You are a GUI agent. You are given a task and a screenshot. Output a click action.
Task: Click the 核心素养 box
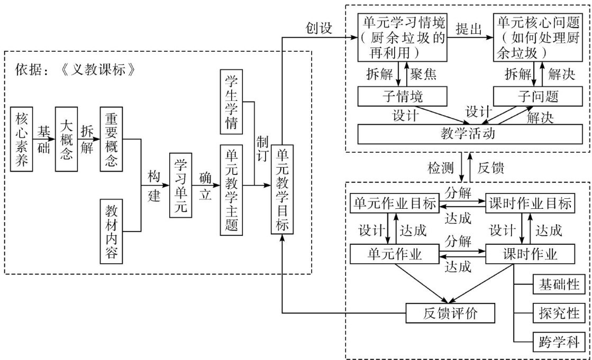point(22,139)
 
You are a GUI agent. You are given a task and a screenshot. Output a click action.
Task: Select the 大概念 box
point(67,139)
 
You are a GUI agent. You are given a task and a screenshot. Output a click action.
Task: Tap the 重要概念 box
point(112,139)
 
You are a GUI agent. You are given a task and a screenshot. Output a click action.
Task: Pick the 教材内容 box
point(112,232)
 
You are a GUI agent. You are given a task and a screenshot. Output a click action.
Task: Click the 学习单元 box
point(181,185)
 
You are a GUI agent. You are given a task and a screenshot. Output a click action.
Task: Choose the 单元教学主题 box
point(231,190)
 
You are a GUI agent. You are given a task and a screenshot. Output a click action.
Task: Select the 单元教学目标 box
point(283,189)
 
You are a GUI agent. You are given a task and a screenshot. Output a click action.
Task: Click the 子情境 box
point(403,96)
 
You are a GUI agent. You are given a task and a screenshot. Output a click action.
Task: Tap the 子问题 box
point(538,96)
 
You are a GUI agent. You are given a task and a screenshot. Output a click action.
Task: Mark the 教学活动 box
point(470,134)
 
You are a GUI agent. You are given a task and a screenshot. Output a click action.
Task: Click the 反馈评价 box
point(450,313)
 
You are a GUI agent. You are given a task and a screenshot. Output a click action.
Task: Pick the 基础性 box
point(559,284)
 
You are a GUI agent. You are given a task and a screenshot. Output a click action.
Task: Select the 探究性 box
point(559,313)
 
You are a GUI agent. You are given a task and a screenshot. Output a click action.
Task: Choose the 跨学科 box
point(559,342)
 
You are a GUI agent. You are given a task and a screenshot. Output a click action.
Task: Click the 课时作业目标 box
point(530,204)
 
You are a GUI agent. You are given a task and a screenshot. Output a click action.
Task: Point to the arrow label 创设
point(318,28)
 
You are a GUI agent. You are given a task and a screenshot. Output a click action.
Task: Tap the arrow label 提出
point(469,29)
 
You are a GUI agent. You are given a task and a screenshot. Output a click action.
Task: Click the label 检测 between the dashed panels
point(440,168)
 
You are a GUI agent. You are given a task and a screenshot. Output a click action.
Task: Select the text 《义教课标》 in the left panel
point(97,69)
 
